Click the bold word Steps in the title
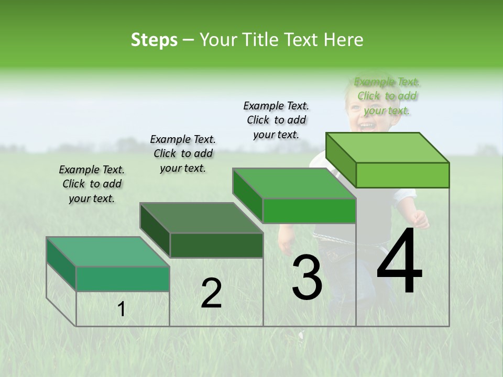tap(154, 40)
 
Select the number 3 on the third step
tap(307, 278)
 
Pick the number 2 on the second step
tap(211, 293)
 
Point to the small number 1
tap(122, 309)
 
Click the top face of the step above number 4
tap(388, 147)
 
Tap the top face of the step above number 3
tap(294, 183)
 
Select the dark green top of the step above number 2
tap(202, 217)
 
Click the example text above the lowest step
tap(92, 184)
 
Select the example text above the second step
tap(183, 153)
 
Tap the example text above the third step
tap(276, 120)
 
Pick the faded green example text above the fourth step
tap(387, 96)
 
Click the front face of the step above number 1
tap(123, 279)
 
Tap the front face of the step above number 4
tap(402, 175)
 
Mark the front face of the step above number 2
tap(216, 245)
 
